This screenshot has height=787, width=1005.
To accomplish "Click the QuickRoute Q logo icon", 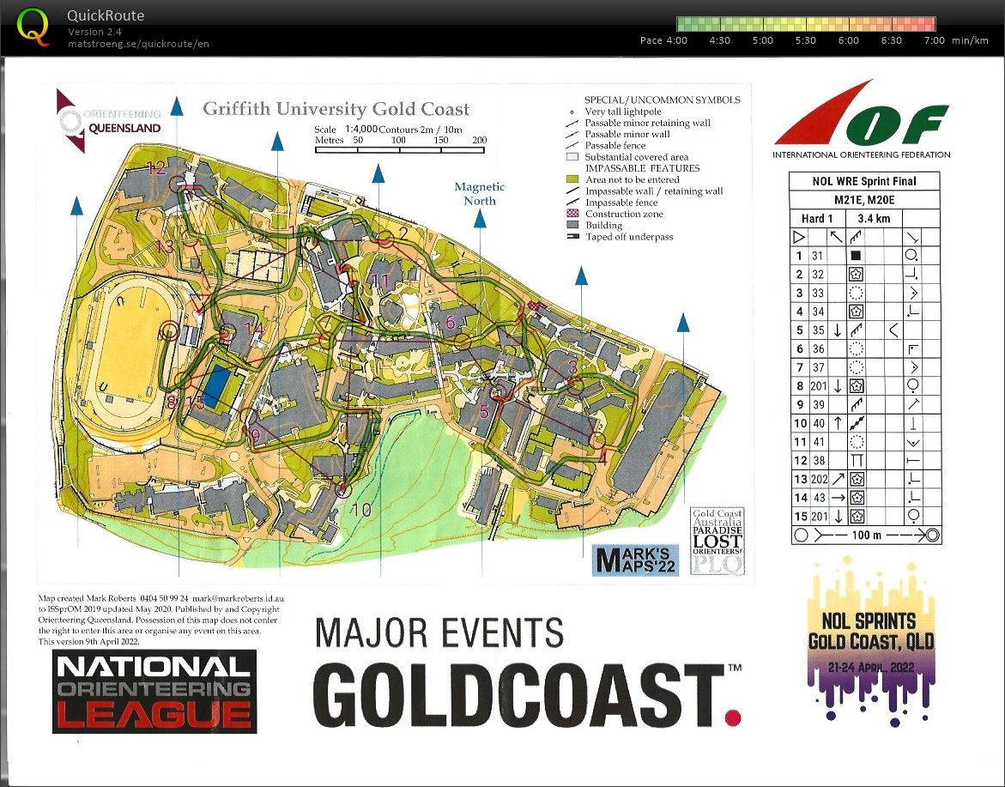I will coord(33,27).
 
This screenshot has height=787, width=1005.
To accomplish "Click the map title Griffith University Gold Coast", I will coord(336,109).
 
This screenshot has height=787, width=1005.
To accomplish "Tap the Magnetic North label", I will coord(480,193).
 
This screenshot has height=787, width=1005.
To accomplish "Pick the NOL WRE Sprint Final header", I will coord(864,181).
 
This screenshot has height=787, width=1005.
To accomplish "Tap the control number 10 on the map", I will coord(361,510).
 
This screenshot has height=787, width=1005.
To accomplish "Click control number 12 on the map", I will coord(156,167).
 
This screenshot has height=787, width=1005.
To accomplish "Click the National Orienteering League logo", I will coord(154,691).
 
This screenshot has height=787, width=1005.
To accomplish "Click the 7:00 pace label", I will coord(934,40).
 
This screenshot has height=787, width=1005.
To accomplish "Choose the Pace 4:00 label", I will coord(664,40).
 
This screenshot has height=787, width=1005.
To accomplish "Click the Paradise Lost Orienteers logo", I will coord(718,542).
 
